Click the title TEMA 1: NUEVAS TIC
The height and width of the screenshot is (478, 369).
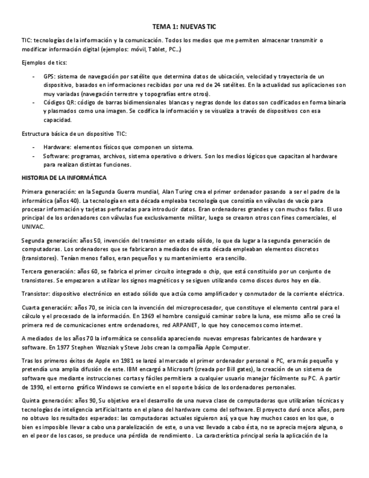tap(184, 26)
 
